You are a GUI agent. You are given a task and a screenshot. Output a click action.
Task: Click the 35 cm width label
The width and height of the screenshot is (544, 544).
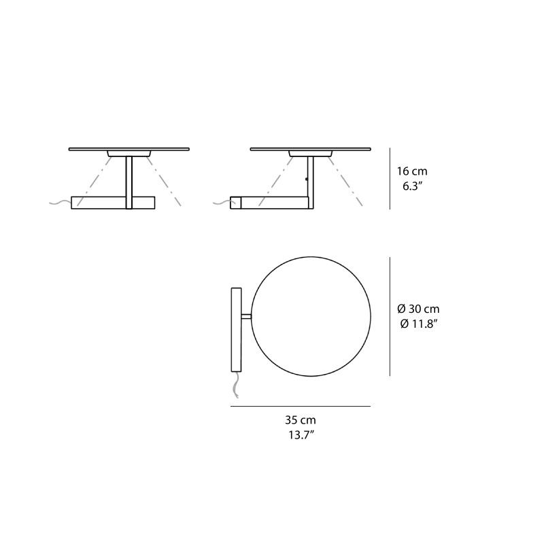coord(300,421)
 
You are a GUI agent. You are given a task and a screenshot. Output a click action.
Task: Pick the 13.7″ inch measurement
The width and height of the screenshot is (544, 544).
coord(300,435)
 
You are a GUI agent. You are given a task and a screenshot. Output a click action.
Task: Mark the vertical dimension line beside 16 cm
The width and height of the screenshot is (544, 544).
coord(390,179)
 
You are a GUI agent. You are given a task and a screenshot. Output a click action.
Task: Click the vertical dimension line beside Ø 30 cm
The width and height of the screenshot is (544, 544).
coord(390,316)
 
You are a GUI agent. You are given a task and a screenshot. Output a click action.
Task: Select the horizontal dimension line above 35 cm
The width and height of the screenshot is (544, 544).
coord(300,407)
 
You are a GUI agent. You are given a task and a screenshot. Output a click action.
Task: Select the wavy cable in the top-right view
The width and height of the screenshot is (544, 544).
coord(221,202)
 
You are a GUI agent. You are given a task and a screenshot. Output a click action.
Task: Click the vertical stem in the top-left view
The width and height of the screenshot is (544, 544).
coord(129,180)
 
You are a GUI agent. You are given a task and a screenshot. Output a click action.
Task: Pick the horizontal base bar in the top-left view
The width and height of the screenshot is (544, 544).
coord(113,202)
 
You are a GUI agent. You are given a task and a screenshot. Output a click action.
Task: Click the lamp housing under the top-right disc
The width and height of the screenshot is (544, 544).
coord(311,153)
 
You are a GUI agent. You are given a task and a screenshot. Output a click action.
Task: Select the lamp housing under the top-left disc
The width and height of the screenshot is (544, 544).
coord(129,153)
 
